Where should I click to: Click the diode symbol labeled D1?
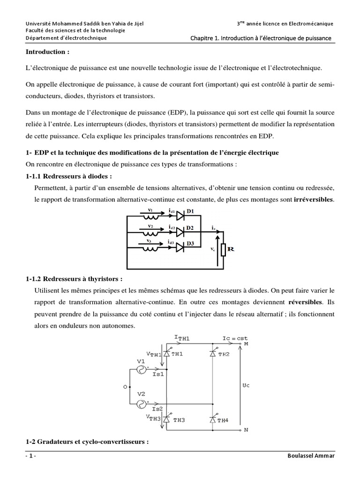point(180,215)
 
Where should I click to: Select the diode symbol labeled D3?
point(180,247)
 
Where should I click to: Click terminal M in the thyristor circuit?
point(246,344)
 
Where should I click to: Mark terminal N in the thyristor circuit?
point(246,429)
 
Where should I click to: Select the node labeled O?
point(125,387)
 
